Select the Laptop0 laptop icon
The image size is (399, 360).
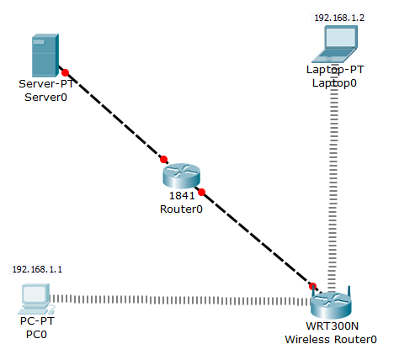pyautogui.click(x=334, y=45)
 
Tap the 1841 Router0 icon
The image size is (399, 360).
pyautogui.click(x=181, y=176)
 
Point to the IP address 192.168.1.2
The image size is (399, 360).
pyautogui.click(x=334, y=17)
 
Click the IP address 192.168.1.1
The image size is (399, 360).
pyautogui.click(x=32, y=269)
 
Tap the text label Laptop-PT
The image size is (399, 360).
pyautogui.click(x=334, y=70)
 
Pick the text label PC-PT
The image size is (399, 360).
pyautogui.click(x=36, y=320)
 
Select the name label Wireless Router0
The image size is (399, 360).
pyautogui.click(x=329, y=339)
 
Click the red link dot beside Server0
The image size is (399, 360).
pyautogui.click(x=65, y=72)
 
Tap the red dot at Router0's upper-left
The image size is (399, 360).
pyautogui.click(x=164, y=159)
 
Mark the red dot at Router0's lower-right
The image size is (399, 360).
pyautogui.click(x=201, y=192)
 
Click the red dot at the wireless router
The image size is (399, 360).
pyautogui.click(x=312, y=286)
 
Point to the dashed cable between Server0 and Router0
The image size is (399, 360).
pyautogui.click(x=114, y=115)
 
